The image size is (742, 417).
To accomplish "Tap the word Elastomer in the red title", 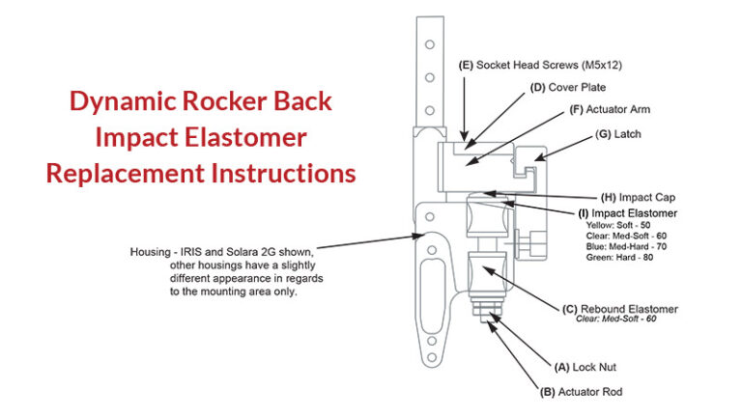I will [x=257, y=137].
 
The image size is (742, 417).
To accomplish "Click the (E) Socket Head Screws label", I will [x=532, y=67].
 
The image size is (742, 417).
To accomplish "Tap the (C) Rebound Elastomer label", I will [x=619, y=309].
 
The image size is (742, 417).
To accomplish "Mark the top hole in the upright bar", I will [x=428, y=47].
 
